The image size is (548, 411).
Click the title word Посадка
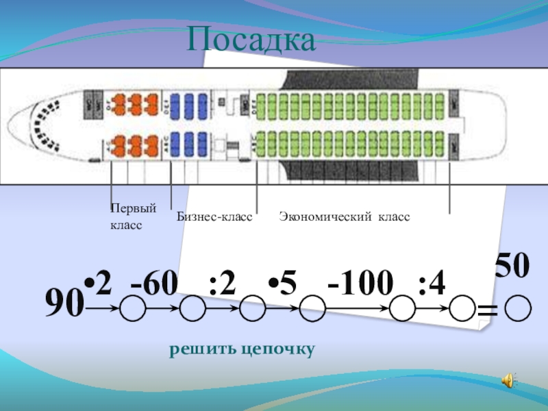pos(252,40)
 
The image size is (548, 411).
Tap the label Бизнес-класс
pos(214,216)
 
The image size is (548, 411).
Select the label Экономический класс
pos(344,216)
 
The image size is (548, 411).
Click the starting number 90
pos(64,301)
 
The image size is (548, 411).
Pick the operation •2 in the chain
pos(98,284)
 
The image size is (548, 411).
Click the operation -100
pos(361,284)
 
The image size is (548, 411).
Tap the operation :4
pos(432,284)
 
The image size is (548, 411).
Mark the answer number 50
pos(513,266)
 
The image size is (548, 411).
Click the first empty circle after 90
pos(133,309)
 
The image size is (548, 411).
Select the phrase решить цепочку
pos(242,349)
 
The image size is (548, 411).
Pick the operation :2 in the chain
pos(223,284)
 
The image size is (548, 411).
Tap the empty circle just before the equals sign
pos(463,309)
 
